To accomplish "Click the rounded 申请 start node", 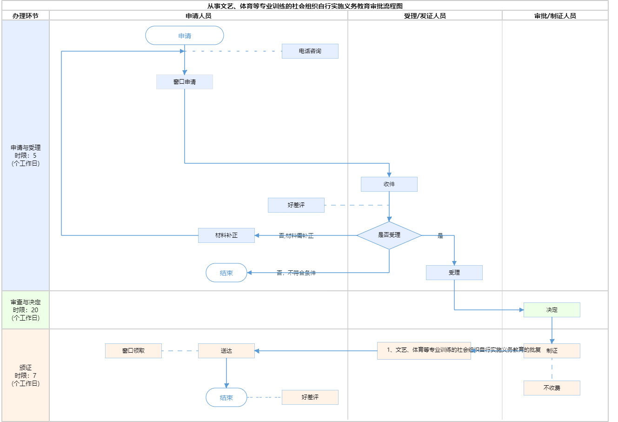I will (x=185, y=36).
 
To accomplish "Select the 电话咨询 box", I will (x=310, y=51).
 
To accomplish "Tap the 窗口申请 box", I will (x=185, y=82).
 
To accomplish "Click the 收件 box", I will (x=389, y=184).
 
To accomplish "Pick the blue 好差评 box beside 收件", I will (x=296, y=205).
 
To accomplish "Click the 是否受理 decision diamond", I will (x=389, y=235).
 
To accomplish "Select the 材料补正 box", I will (x=226, y=235).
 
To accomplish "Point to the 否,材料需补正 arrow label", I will (x=296, y=236).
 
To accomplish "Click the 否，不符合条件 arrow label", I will (x=296, y=273).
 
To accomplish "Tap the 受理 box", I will (x=454, y=273).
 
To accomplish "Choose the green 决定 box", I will (x=552, y=310).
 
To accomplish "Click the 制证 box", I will (x=552, y=351).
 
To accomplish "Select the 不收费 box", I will (x=552, y=388).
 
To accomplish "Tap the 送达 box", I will (x=226, y=351).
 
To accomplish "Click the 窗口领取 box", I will (x=133, y=351).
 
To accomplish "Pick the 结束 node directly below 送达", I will (x=226, y=397).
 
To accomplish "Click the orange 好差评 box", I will (x=310, y=397).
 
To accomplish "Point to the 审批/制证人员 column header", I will (x=555, y=16).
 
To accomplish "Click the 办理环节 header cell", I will (x=26, y=16).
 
